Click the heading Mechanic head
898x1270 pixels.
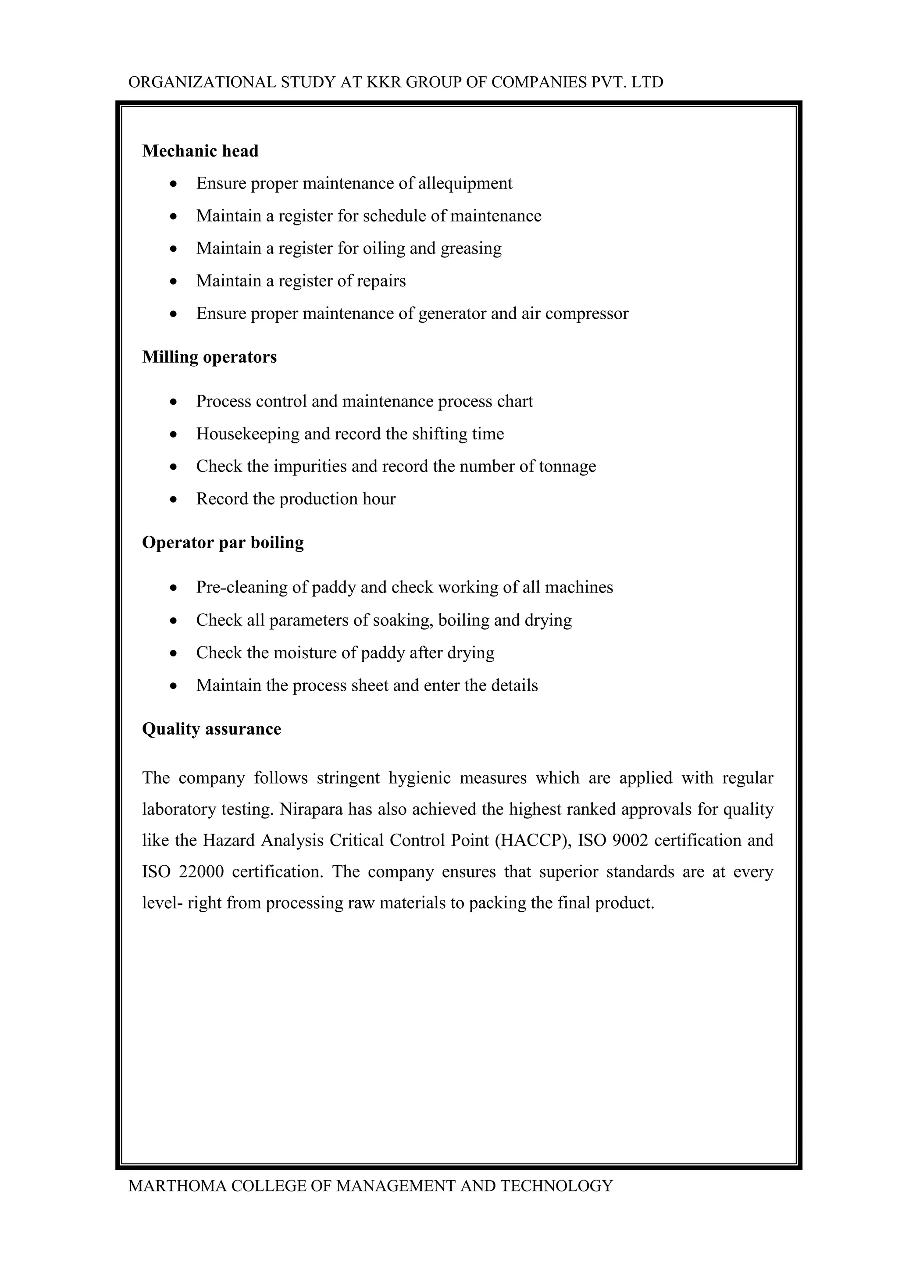tap(200, 151)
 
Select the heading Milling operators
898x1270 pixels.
tap(209, 357)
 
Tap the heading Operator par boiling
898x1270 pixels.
tap(223, 542)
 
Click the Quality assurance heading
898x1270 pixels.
tap(211, 728)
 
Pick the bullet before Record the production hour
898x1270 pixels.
tap(174, 499)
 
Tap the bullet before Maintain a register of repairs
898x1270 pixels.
tap(174, 282)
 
